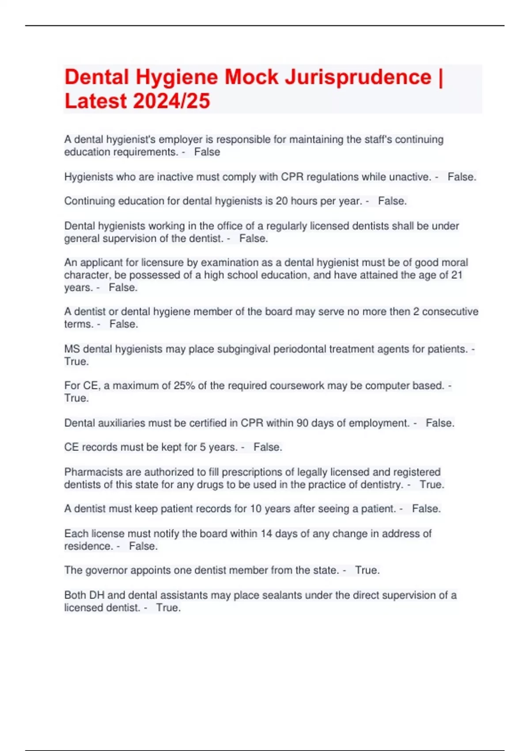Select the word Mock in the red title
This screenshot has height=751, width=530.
coord(251,77)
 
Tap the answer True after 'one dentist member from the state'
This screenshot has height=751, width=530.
coord(367,570)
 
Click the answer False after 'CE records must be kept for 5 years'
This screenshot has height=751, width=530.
coord(268,447)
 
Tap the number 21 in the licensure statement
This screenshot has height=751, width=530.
coord(456,275)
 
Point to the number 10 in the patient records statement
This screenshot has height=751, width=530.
coord(256,509)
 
